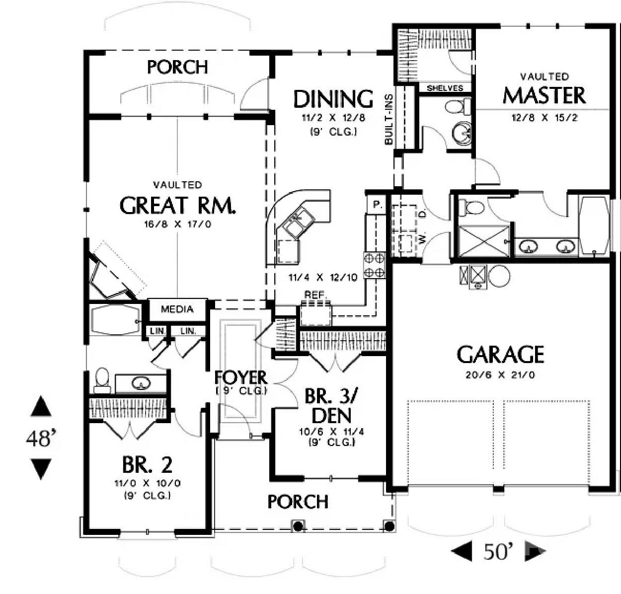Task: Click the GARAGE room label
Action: tap(500, 355)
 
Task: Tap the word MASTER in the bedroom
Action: tap(544, 95)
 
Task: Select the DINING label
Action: tap(333, 99)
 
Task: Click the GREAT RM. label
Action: tap(177, 205)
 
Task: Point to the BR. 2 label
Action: tap(147, 465)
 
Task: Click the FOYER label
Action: tap(241, 378)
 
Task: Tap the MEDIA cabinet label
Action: tap(177, 309)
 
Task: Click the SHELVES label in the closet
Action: tap(445, 88)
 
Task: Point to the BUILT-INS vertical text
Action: tap(388, 119)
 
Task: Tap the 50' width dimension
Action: tap(498, 551)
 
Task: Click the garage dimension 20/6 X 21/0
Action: tap(500, 375)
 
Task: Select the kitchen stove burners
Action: tap(375, 265)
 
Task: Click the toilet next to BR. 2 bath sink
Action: tap(102, 379)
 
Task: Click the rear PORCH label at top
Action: tap(177, 67)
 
